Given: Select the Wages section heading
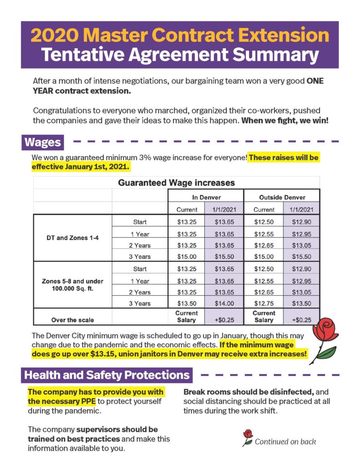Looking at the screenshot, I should [x=43, y=142].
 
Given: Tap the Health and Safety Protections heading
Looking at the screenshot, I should [x=106, y=375].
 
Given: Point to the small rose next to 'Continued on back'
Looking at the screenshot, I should [x=248, y=437].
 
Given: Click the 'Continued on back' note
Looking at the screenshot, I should [x=285, y=441].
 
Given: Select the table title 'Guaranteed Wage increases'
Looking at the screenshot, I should [x=177, y=183].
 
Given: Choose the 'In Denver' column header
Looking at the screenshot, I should [x=206, y=197].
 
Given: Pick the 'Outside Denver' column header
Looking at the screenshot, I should [x=282, y=197].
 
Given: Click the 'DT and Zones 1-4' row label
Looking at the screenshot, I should [x=73, y=239].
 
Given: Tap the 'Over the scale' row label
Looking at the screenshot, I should [x=72, y=319].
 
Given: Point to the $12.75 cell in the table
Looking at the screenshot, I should [x=264, y=304].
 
